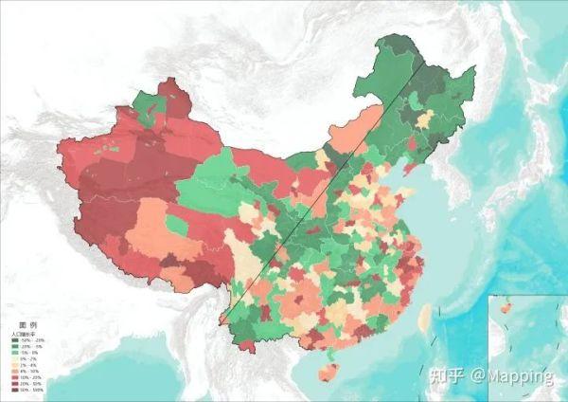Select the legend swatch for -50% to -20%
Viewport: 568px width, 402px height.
coord(16,340)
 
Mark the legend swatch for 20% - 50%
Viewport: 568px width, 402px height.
coord(16,383)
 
